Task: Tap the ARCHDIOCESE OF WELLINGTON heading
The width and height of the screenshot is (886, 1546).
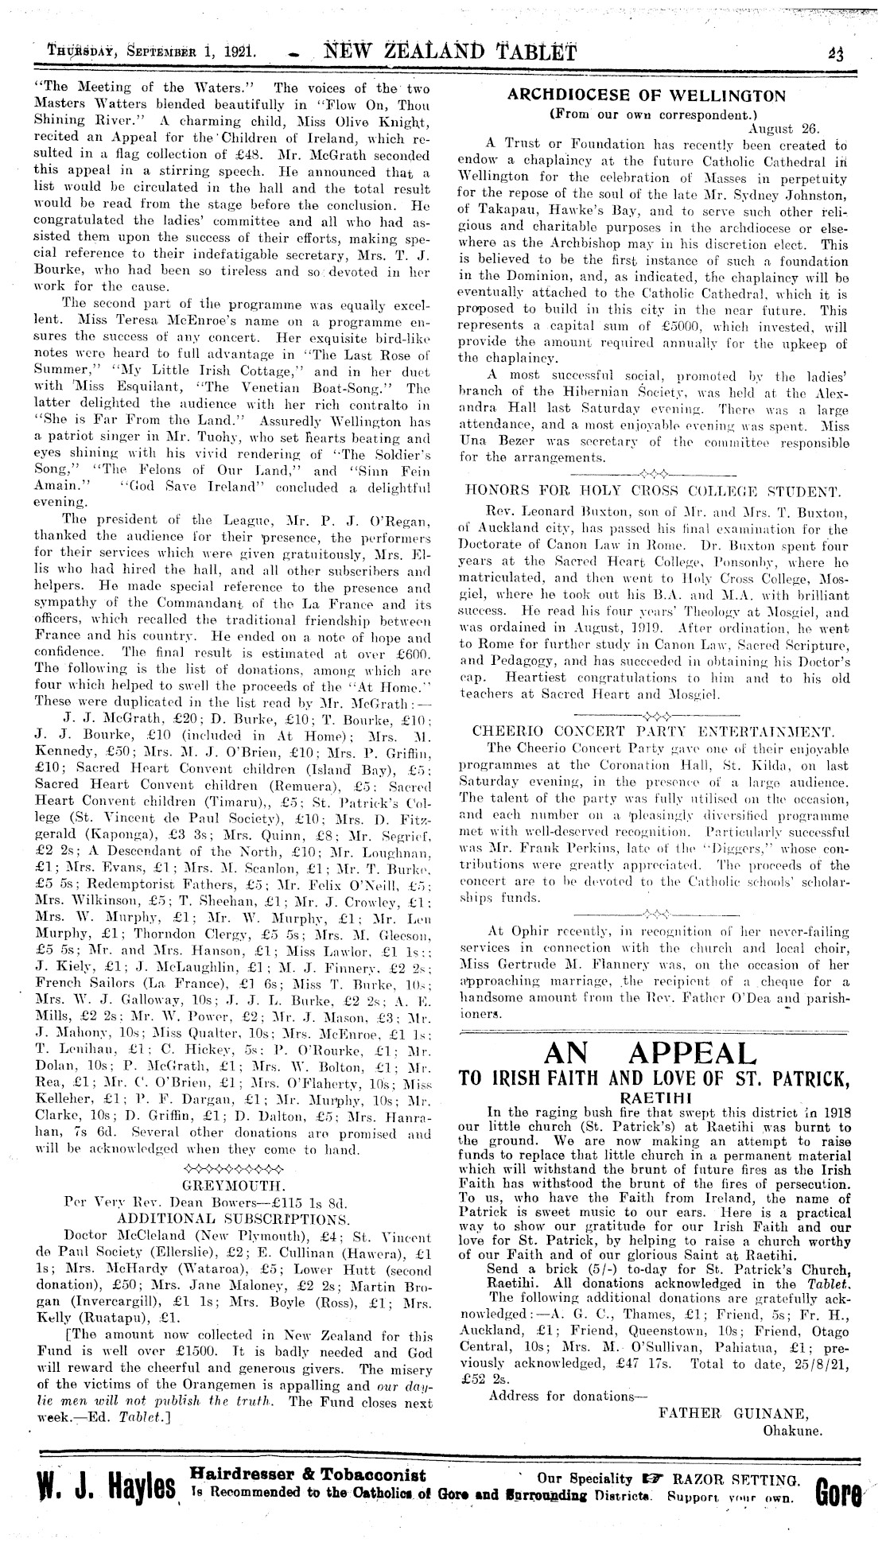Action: [646, 96]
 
